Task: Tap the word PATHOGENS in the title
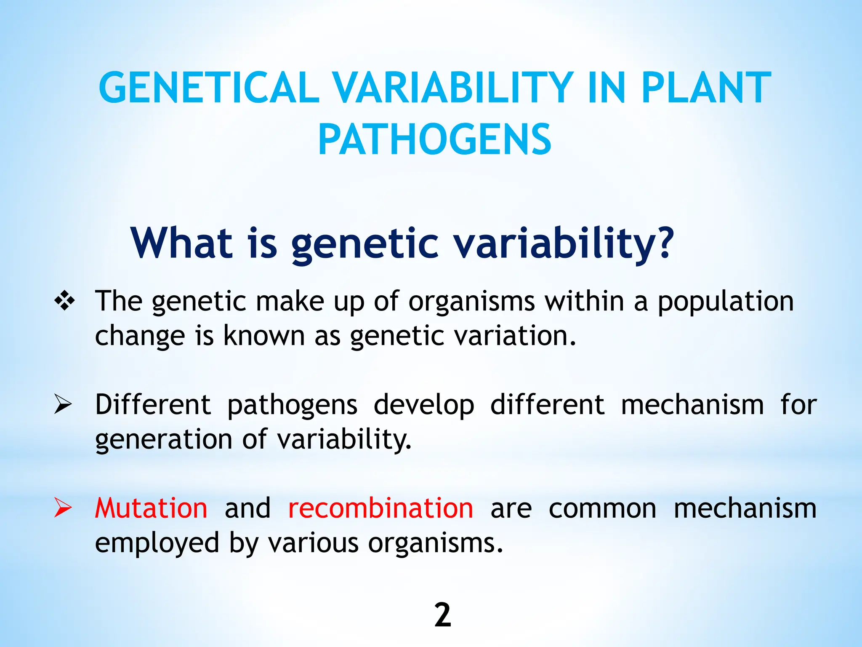[x=434, y=140]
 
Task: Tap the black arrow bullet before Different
[x=63, y=404]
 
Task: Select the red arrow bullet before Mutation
[x=63, y=508]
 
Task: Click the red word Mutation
[x=151, y=508]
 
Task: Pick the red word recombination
[x=380, y=508]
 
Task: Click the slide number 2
[x=442, y=615]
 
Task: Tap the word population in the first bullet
[x=725, y=302]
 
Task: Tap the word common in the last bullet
[x=602, y=509]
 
